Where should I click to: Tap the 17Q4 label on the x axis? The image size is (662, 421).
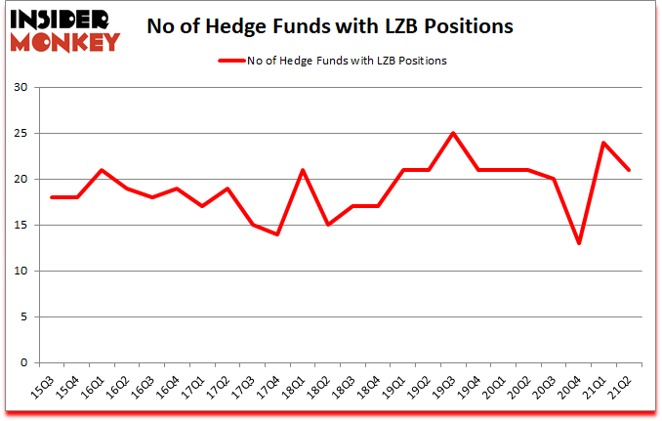click(x=277, y=386)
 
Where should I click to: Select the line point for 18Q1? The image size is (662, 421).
click(x=303, y=170)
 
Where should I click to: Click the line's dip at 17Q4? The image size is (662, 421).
click(x=278, y=234)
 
